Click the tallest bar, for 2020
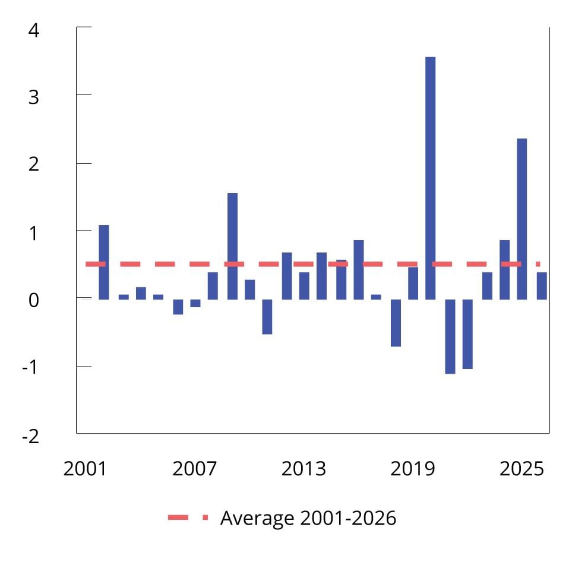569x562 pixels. [430, 178]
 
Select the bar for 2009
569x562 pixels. [232, 246]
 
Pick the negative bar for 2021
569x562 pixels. [450, 336]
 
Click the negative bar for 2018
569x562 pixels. [396, 323]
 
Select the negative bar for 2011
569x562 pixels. [267, 317]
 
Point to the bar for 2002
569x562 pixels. [104, 262]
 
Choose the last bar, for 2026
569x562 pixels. [542, 286]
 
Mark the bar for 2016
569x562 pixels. [358, 270]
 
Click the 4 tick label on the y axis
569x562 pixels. [33, 30]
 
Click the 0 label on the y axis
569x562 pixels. [33, 300]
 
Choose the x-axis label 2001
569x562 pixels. [84, 469]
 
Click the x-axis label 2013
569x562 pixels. [304, 469]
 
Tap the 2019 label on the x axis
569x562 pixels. [412, 469]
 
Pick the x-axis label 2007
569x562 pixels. [194, 469]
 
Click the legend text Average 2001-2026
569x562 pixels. [308, 518]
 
